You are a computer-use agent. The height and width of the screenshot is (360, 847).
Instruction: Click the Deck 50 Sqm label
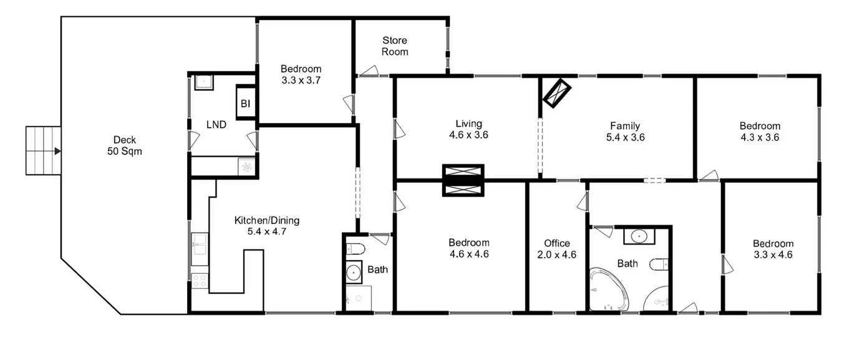coord(125,145)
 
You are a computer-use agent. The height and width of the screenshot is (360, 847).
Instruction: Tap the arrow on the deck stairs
coord(57,150)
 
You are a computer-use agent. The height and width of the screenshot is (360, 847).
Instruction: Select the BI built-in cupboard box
coord(245,104)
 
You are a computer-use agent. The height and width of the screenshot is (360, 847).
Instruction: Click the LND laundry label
coord(216,125)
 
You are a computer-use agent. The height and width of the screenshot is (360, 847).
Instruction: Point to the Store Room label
coord(395,46)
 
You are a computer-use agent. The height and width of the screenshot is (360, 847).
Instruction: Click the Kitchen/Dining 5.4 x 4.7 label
coord(266,225)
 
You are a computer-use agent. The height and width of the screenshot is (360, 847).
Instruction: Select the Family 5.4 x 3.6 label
coord(625,132)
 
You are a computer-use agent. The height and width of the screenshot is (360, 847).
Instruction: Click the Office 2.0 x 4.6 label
coord(557,249)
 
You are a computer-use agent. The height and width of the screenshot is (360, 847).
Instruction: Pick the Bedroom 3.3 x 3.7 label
coord(301,74)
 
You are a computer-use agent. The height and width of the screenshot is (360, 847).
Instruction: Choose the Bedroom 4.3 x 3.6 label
coord(760,132)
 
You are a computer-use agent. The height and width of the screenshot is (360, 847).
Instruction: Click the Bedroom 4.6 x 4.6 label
coord(468,248)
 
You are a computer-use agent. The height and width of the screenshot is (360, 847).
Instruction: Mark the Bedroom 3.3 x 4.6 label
coord(773,249)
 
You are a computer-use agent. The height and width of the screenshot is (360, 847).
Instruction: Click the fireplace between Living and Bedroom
coord(463,180)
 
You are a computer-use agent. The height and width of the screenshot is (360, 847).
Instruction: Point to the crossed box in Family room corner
coord(557,92)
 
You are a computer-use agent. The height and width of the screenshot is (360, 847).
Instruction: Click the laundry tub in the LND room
coord(203,82)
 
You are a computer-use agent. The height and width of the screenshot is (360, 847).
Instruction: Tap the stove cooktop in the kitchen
coord(200,281)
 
